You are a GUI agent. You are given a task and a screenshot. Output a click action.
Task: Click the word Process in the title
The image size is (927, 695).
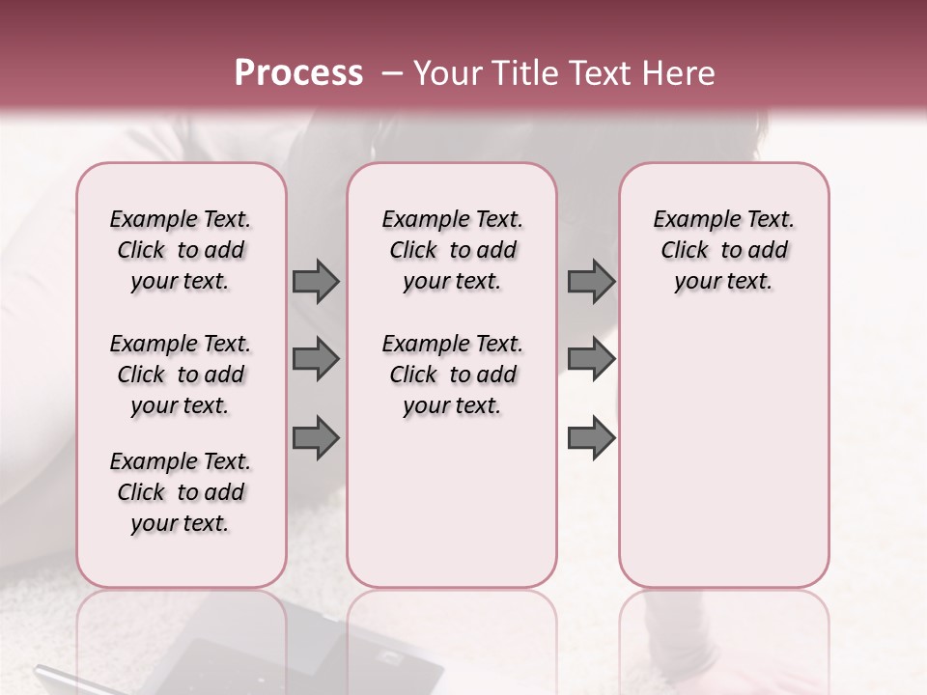(298, 73)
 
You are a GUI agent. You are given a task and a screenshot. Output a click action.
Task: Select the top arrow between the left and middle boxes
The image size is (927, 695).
(316, 281)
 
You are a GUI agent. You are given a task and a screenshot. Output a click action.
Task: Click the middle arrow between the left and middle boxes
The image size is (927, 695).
(316, 360)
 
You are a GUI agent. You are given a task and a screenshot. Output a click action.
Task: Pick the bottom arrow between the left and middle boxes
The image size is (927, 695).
(316, 438)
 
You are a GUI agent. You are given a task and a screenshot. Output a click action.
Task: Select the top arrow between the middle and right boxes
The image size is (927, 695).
(591, 281)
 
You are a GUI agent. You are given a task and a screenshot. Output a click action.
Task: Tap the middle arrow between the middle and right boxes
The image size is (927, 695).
(591, 360)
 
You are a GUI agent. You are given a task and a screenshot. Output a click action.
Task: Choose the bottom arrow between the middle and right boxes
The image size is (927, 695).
(591, 438)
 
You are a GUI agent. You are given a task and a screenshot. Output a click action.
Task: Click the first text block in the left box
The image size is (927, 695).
(181, 250)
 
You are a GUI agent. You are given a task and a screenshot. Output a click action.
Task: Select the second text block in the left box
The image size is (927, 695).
(181, 375)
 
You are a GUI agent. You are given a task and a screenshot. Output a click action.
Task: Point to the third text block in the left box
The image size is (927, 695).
(181, 492)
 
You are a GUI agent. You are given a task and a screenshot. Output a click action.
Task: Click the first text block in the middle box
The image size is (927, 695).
(453, 250)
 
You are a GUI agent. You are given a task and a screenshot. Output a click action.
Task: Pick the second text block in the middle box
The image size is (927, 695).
(453, 375)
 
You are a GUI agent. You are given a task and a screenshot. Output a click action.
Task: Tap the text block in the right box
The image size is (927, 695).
(724, 250)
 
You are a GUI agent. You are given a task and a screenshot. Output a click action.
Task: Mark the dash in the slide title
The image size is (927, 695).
(392, 73)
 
